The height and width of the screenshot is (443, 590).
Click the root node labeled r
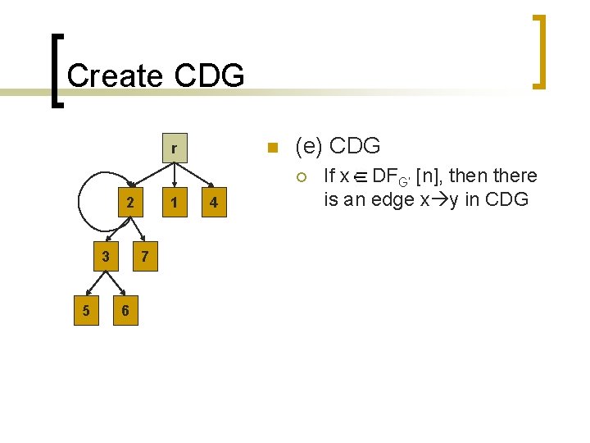[x=173, y=148]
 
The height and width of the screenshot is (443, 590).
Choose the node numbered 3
[x=105, y=257]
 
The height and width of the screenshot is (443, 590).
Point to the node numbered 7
[x=144, y=257]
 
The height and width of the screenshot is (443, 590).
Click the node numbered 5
[x=87, y=310]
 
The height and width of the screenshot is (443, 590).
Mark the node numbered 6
[x=124, y=310]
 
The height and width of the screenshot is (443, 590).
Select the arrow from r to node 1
[x=173, y=175]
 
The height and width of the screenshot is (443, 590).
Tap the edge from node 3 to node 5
[x=95, y=285]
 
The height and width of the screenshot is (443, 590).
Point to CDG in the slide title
[x=210, y=76]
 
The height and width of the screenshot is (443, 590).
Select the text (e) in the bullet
[x=309, y=147]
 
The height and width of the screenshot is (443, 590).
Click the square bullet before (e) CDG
[x=274, y=148]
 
